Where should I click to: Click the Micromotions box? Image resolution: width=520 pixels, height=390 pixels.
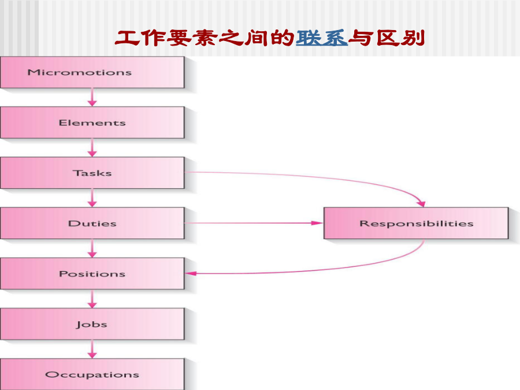pos(92,72)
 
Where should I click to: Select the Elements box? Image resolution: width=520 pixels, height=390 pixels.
pos(92,122)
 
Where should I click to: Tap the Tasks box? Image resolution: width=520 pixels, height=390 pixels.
pos(92,173)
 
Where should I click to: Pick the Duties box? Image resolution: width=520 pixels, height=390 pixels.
pos(92,223)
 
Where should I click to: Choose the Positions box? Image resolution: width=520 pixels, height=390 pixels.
pos(92,274)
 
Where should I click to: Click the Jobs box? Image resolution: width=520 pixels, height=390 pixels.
pos(92,324)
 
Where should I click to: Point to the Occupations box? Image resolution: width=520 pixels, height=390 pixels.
pos(92,374)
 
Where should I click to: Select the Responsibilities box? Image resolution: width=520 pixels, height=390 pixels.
pos(416,223)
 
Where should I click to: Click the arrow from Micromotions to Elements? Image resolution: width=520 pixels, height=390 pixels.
pos(92,98)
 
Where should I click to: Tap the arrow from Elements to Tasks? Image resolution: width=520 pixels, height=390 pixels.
pos(92,148)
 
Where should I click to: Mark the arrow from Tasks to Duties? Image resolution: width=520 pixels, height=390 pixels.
pos(92,198)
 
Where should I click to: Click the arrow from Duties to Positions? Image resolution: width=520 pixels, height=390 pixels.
pos(92,248)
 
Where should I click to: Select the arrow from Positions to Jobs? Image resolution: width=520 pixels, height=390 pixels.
pos(92,299)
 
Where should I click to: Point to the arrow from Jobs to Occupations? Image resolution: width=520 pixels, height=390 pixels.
pos(92,349)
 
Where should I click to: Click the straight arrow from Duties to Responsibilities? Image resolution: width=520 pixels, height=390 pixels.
pos(254,223)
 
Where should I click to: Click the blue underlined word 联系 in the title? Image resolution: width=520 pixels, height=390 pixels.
pos(322,38)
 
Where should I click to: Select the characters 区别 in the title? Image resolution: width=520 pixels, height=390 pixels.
pos(400,38)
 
